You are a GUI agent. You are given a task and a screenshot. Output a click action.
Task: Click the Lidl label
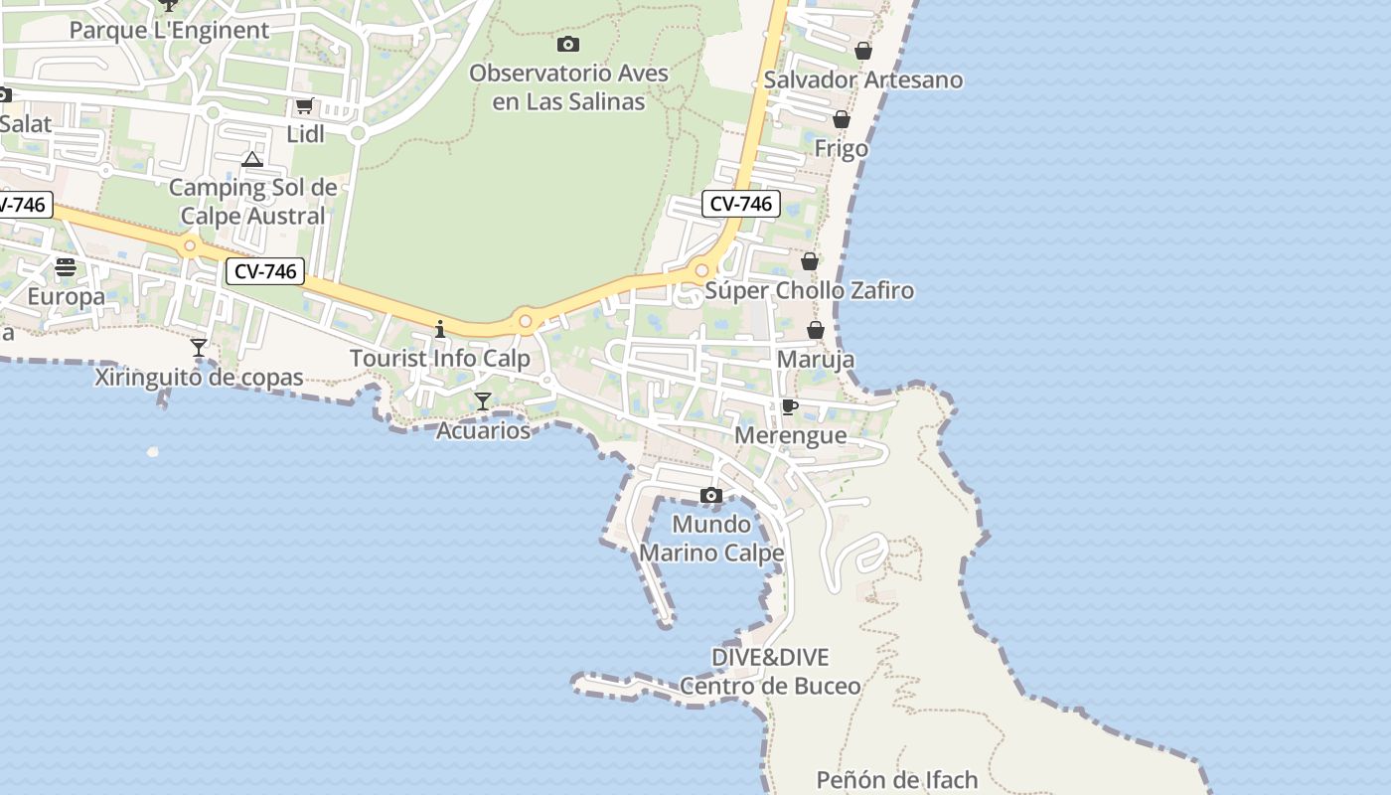pos(305,134)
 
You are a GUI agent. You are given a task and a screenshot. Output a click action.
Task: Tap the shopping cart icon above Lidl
pos(304,106)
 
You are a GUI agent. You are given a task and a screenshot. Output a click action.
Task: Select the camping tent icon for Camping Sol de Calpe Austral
pos(252,159)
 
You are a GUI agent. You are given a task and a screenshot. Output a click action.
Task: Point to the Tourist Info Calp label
pos(439,358)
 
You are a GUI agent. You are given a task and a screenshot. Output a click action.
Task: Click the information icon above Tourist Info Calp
pos(440,329)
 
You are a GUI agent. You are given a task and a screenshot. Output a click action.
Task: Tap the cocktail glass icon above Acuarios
pos(483,401)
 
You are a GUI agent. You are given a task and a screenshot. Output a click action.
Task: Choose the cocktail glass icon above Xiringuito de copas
pos(199,348)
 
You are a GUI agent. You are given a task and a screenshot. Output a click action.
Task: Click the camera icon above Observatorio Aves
pos(568,44)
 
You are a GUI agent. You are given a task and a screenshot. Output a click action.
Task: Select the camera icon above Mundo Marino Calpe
pos(710,495)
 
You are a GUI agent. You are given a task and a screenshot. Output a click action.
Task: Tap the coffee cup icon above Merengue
pos(790,406)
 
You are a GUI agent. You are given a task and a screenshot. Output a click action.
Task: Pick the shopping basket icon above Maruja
pos(816,330)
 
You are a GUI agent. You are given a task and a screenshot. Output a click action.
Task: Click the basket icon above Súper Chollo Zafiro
pos(810,261)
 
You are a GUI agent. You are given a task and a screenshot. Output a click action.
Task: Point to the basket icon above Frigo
pos(842,119)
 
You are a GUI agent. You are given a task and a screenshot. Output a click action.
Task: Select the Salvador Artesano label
pos(863,79)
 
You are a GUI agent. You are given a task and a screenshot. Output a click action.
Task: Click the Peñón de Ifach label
pos(897,780)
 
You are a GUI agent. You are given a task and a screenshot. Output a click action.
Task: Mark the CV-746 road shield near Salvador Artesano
pos(741,204)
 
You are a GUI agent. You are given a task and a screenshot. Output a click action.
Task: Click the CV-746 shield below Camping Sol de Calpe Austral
pos(264,271)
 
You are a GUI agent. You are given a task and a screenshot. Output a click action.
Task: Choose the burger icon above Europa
pos(66,266)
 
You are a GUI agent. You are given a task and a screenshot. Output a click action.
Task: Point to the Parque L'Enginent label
pos(169,30)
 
